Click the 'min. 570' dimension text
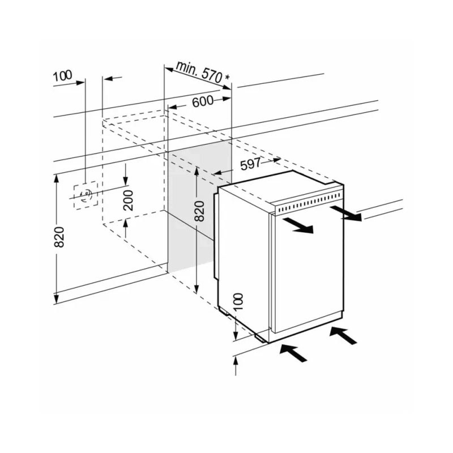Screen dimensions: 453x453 coord(199,71)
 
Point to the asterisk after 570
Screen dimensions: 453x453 coord(228,78)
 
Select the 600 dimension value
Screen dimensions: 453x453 coord(203,101)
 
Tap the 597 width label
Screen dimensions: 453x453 coord(250,164)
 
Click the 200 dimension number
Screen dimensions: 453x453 coord(129,200)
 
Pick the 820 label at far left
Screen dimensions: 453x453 coord(59,237)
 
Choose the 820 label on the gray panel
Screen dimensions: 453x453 coord(199,211)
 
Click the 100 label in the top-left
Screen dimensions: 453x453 coord(62,76)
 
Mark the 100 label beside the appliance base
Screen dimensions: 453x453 coord(238,301)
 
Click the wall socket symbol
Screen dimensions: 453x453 coord(86,195)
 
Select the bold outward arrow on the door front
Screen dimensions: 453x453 coord(298,225)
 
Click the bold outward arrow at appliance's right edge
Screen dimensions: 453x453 coord(346,213)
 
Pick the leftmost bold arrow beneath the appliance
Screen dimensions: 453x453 coord(293,352)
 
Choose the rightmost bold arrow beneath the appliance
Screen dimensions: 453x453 coord(343,335)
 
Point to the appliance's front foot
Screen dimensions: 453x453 coord(261,338)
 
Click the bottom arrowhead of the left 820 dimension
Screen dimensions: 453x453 coord(57,298)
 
